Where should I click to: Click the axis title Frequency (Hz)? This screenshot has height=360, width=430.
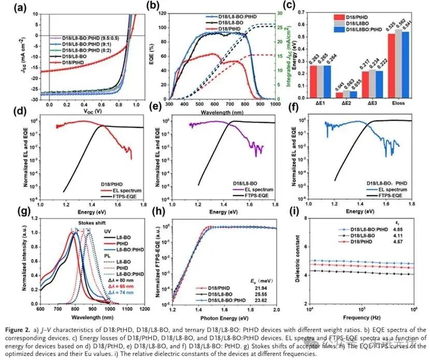[363, 318]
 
